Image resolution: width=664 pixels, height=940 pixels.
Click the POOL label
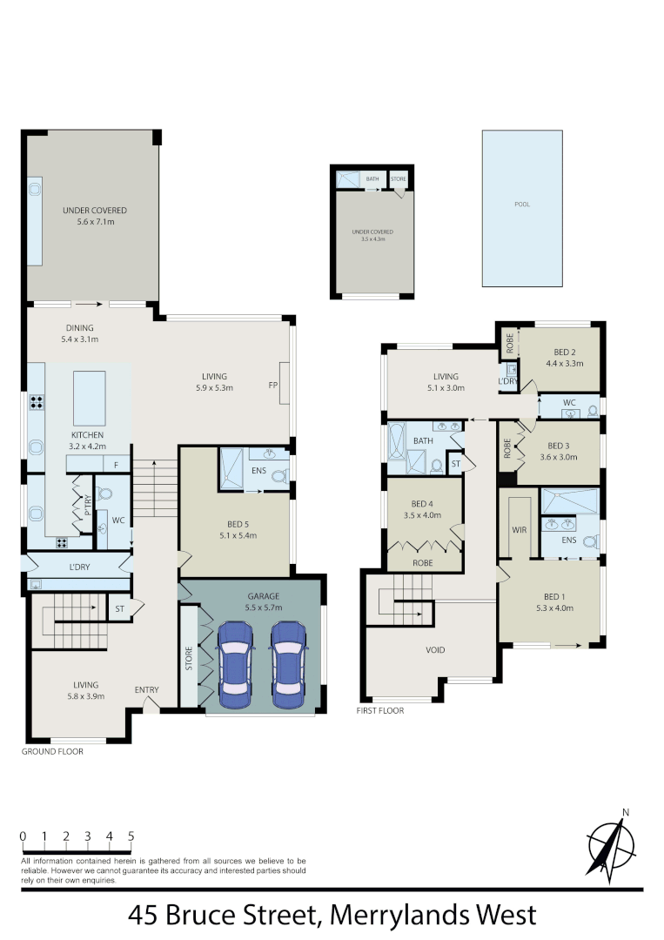pyautogui.click(x=522, y=205)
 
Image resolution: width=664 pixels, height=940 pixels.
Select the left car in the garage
pyautogui.click(x=235, y=664)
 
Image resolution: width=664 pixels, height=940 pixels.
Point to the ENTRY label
pyautogui.click(x=146, y=690)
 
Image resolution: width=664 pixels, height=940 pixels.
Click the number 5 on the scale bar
pyautogui.click(x=131, y=836)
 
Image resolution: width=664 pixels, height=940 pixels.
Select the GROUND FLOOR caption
pyautogui.click(x=53, y=751)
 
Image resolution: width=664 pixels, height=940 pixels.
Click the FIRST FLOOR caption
pyautogui.click(x=380, y=710)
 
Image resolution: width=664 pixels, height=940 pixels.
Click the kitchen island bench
pyautogui.click(x=89, y=397)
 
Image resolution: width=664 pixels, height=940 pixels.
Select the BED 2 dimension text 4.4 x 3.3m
pyautogui.click(x=564, y=364)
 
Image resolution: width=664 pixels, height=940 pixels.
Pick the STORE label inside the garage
pyautogui.click(x=188, y=657)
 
